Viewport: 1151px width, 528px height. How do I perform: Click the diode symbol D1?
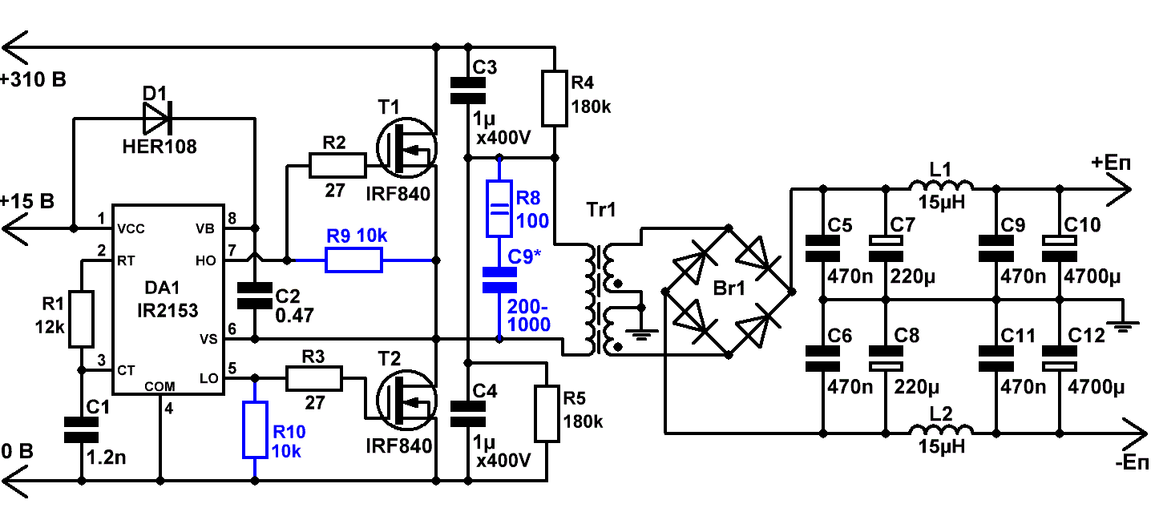tap(156, 119)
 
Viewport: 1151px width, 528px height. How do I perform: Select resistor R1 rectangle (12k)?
tap(81, 319)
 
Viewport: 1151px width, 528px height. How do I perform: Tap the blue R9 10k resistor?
tap(354, 260)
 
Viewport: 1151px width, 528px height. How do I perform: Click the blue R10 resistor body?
tap(255, 430)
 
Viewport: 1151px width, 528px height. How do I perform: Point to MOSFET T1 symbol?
tap(406, 148)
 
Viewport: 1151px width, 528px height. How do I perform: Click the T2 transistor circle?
tap(406, 400)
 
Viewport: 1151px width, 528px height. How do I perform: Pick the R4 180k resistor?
tap(555, 98)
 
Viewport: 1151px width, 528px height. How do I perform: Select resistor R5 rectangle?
tap(547, 413)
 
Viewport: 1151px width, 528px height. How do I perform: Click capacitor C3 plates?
tap(467, 91)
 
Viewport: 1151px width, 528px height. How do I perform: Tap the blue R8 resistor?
tap(499, 208)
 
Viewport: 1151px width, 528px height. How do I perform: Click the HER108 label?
tap(160, 147)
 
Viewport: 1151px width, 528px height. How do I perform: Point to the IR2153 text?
tap(168, 311)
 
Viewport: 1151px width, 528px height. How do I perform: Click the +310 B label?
tap(34, 80)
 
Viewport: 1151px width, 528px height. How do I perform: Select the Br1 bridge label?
tap(729, 288)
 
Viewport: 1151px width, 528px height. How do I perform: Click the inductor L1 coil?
tap(941, 185)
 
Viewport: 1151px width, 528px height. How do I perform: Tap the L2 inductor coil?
tap(941, 429)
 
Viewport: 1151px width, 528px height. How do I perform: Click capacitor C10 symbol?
tap(1060, 248)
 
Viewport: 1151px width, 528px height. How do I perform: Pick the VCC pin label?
tap(131, 229)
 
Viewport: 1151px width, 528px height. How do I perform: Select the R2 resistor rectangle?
tap(337, 165)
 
